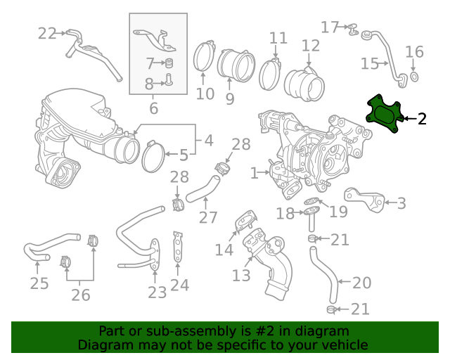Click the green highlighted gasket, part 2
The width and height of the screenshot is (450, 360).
tap(385, 115)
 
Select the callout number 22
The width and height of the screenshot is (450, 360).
tap(47, 33)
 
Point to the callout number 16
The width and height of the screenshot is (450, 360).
tap(415, 51)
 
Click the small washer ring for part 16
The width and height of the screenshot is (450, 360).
tap(414, 75)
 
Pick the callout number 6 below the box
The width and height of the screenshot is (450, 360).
tap(153, 108)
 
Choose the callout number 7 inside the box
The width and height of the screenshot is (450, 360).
tap(150, 63)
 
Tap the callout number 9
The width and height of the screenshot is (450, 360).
tap(230, 99)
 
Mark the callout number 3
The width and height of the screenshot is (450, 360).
tap(401, 204)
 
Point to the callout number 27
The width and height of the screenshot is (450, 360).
tap(208, 217)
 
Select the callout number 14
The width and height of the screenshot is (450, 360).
tap(224, 250)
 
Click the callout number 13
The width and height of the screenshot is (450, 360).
tap(241, 275)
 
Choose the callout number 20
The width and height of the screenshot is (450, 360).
tap(361, 283)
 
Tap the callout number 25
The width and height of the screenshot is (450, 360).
tap(39, 283)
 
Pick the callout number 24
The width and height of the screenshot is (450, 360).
tap(179, 285)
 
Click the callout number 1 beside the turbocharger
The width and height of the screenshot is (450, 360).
tap(254, 172)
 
